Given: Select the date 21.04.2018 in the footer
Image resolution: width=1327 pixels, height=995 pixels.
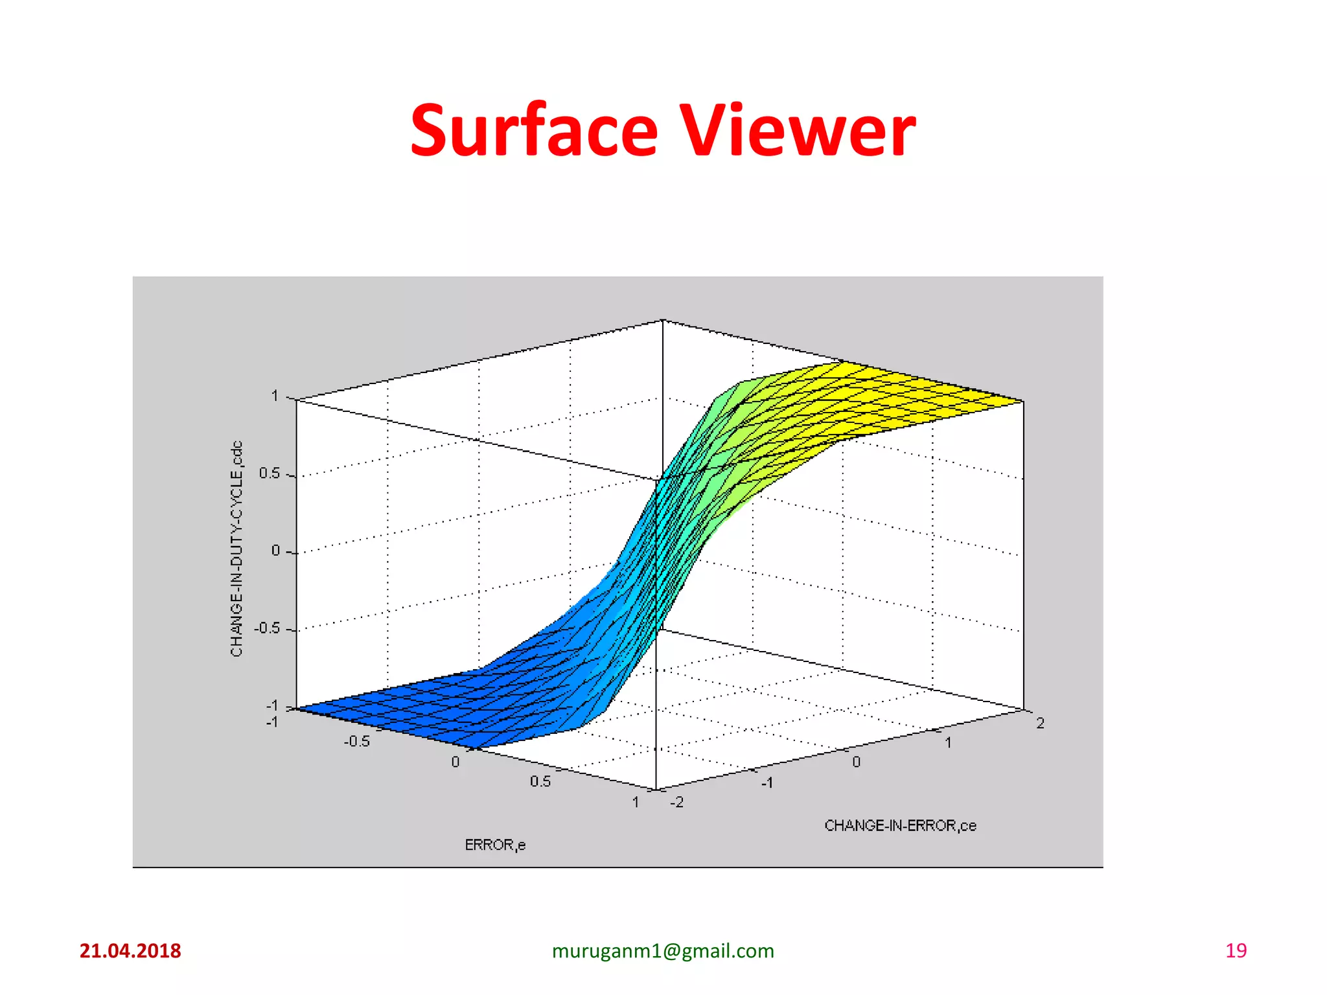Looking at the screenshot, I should pyautogui.click(x=130, y=950).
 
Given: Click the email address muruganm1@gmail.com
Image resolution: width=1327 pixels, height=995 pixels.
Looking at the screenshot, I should pyautogui.click(x=663, y=950).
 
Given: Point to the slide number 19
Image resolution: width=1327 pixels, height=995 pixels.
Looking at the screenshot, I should pyautogui.click(x=1236, y=950).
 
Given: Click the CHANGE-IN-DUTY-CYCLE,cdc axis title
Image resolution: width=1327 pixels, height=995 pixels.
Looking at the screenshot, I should pyautogui.click(x=237, y=549).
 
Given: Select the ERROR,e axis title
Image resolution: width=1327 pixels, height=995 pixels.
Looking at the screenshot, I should pyautogui.click(x=495, y=845).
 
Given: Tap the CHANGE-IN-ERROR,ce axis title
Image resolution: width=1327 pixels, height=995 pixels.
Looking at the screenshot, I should pyautogui.click(x=900, y=825).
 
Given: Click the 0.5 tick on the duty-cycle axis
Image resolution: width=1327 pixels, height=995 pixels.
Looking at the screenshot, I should pyautogui.click(x=270, y=474).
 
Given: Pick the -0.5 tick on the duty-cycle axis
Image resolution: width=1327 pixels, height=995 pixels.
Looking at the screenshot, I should pyautogui.click(x=266, y=628).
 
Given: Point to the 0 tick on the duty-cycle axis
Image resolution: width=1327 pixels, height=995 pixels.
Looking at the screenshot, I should pyautogui.click(x=275, y=551).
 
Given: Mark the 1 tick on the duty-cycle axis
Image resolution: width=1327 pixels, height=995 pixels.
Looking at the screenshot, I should pyautogui.click(x=275, y=396).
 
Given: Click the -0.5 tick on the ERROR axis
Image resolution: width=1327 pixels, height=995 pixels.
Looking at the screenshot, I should pyautogui.click(x=357, y=741).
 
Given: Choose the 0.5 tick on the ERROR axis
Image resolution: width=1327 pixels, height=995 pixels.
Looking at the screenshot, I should pyautogui.click(x=540, y=781).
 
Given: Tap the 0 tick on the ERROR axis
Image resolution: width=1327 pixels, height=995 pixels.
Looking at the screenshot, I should pyautogui.click(x=456, y=762).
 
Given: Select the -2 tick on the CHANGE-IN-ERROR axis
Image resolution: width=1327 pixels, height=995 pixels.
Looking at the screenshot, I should pyautogui.click(x=676, y=802).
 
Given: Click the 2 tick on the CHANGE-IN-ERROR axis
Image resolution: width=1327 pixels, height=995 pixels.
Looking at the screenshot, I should pyautogui.click(x=1040, y=723).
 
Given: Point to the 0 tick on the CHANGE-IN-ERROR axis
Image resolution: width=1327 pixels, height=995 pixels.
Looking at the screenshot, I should pyautogui.click(x=856, y=762).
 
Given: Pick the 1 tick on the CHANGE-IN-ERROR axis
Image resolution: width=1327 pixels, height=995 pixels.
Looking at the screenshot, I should pyautogui.click(x=948, y=742).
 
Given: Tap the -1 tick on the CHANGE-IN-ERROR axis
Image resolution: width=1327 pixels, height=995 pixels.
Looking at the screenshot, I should pyautogui.click(x=767, y=783).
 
